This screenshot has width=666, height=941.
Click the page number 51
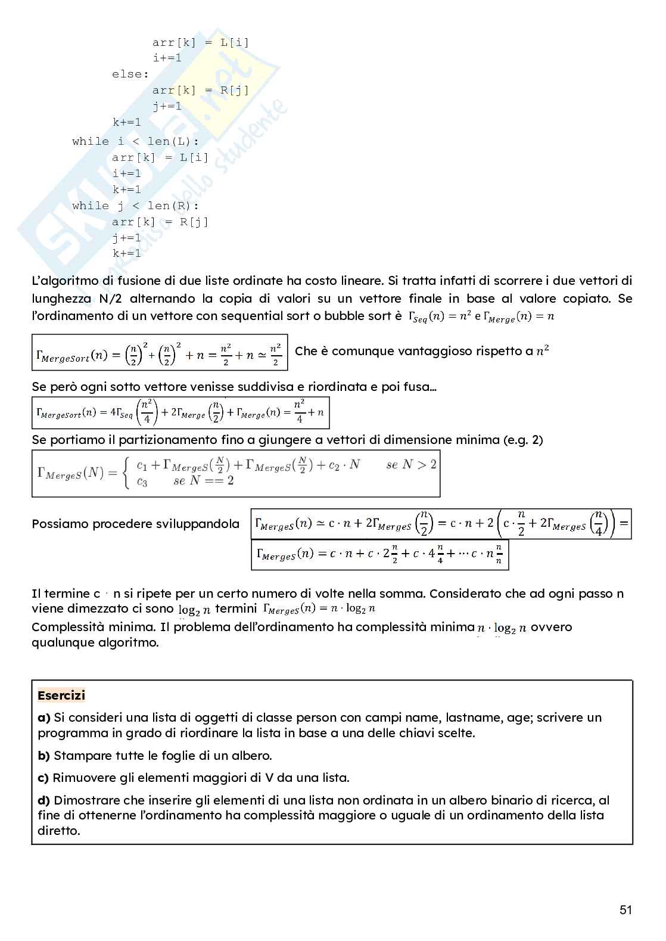(625, 909)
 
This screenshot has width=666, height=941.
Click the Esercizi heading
(61, 695)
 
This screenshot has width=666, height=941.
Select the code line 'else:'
(130, 74)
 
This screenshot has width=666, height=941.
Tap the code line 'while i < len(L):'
(136, 142)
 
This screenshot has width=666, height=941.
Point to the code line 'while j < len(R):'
(136, 206)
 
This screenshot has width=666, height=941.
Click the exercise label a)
(44, 718)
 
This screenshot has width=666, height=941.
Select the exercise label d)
(44, 800)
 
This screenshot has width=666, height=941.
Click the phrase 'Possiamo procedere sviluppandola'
(135, 524)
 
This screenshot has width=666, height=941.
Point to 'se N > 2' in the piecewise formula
(411, 465)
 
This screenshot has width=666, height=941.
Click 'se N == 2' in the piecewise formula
(203, 481)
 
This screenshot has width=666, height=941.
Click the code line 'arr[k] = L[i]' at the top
(201, 42)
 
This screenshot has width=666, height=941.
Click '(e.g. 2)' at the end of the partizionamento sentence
(522, 440)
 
